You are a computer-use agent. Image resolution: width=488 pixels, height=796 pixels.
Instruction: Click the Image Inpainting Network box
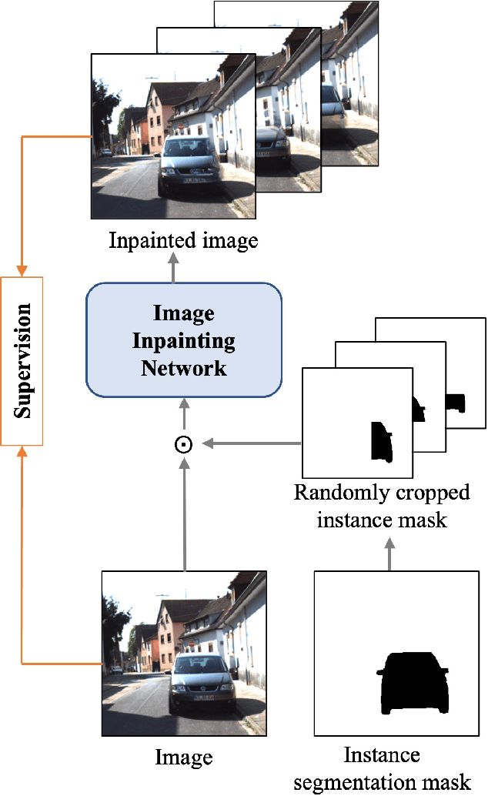(x=184, y=339)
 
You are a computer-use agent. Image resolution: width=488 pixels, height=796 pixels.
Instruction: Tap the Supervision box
(x=22, y=360)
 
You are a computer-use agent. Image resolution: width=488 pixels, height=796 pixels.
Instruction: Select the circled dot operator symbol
(x=184, y=444)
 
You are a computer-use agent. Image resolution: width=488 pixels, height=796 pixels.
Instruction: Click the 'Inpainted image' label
(x=183, y=240)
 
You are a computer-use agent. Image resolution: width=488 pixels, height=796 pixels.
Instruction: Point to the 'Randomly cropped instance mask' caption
(x=382, y=506)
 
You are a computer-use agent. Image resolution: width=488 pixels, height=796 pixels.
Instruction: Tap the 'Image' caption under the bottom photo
(x=184, y=757)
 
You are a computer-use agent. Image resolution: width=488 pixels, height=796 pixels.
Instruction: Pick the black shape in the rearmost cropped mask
(x=456, y=402)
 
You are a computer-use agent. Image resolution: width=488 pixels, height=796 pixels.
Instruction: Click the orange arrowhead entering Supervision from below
(x=22, y=451)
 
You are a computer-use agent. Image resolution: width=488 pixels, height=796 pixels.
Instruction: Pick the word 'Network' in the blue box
(x=184, y=367)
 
